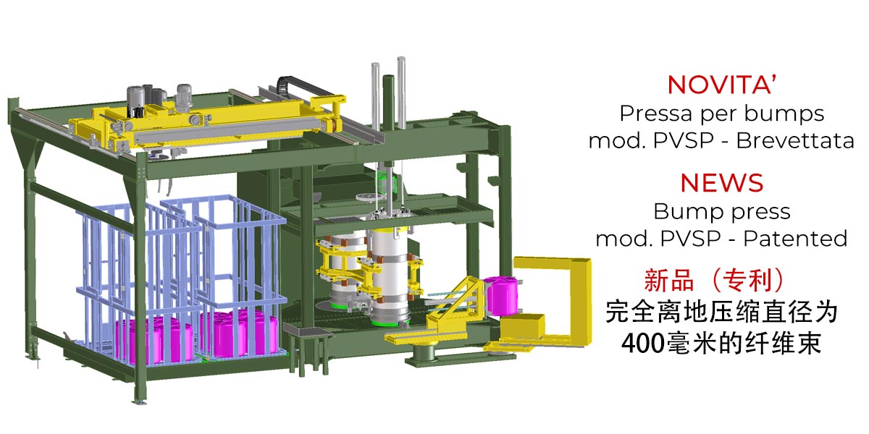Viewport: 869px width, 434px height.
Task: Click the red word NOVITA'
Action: pyautogui.click(x=721, y=85)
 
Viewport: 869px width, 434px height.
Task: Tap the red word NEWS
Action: pyautogui.click(x=721, y=183)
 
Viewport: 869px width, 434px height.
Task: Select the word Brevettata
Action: pyautogui.click(x=795, y=140)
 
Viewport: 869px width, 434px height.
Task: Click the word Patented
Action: pyautogui.click(x=795, y=238)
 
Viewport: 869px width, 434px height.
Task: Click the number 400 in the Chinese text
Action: pyautogui.click(x=643, y=343)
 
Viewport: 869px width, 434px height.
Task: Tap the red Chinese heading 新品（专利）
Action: pyautogui.click(x=714, y=280)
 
